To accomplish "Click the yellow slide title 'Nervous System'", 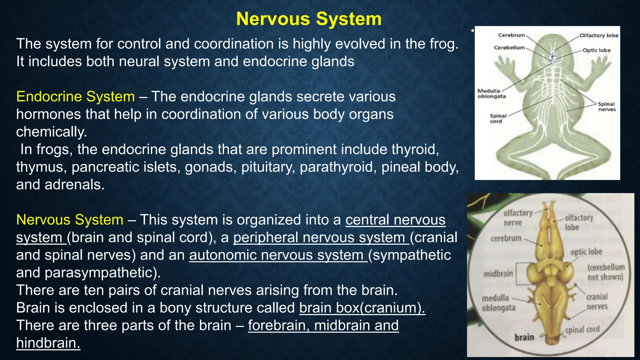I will (309, 19).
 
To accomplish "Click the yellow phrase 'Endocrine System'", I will (75, 97).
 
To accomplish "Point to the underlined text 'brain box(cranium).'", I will (362, 308).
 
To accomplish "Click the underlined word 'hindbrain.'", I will (48, 343).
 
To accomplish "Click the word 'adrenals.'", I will (74, 185).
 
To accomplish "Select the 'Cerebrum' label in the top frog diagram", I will (511, 35).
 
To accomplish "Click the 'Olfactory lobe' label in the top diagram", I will (599, 35).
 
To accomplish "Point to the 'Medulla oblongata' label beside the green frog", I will (491, 93).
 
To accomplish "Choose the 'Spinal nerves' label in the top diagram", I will (607, 107).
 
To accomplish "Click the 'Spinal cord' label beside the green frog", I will (498, 118).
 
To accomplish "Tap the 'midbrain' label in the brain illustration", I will (498, 274).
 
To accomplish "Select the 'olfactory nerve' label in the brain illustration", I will (517, 217).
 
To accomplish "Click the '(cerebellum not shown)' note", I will (606, 272).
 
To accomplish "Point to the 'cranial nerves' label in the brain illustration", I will (597, 302).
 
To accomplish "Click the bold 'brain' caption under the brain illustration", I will (524, 337).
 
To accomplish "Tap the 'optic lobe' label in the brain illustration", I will (586, 252).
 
